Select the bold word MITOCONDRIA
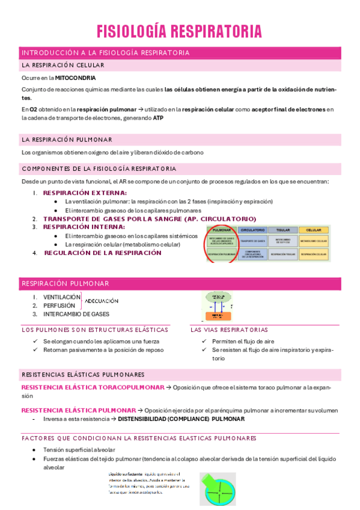(75, 78)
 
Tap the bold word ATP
(158, 118)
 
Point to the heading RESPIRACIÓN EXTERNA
(85, 192)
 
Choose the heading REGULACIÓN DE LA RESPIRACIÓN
(103, 253)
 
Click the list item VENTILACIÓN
(62, 297)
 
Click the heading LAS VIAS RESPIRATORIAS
(229, 330)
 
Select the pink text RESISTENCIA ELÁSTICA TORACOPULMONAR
(93, 387)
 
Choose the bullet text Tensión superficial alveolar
(79, 450)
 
